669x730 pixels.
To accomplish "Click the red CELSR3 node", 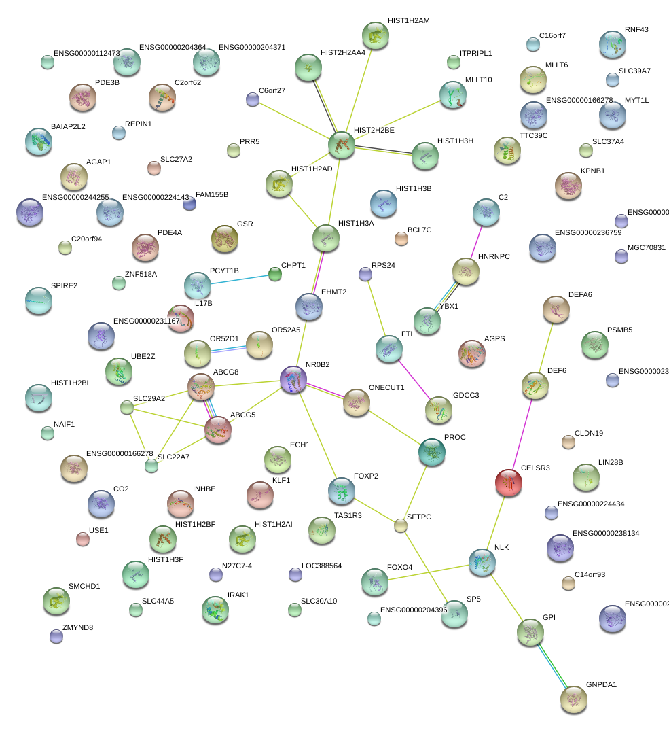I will pos(509,482).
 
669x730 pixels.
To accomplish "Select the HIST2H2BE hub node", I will pos(342,145).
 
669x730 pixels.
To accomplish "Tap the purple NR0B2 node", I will pos(293,379).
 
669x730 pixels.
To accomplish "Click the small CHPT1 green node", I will pos(274,274).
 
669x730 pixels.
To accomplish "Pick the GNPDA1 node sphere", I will pos(574,699).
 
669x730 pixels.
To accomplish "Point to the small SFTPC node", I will pos(401,525).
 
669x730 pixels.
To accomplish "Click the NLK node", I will pos(482,561).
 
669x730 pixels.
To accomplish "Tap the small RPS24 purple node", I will pos(365,274).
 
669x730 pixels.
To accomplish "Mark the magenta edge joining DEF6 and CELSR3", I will pos(522,434).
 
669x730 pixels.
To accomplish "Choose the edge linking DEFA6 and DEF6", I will pos(546,347).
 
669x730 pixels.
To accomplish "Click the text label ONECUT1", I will pos(386,387).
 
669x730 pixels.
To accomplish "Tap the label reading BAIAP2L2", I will pos(68,127).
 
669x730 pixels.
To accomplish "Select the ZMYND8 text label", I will pos(77,627).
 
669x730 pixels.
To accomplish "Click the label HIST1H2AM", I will pos(408,21).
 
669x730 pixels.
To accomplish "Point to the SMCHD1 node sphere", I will pos(56,599).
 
